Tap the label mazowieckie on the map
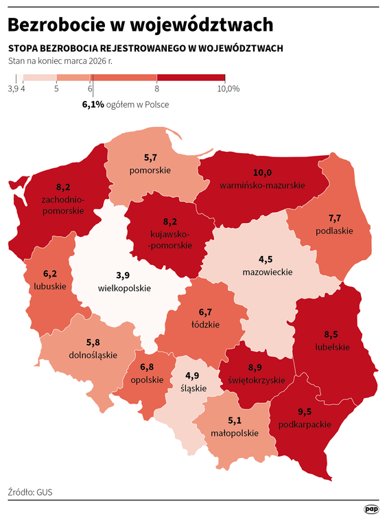(267, 272)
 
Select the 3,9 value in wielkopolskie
(123, 275)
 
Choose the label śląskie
(193, 388)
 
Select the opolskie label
(148, 380)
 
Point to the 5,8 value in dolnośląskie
(93, 343)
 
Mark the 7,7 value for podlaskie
(335, 218)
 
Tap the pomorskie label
(150, 170)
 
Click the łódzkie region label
(205, 324)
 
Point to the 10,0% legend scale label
(228, 89)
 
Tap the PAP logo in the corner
(371, 509)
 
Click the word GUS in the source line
(45, 492)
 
